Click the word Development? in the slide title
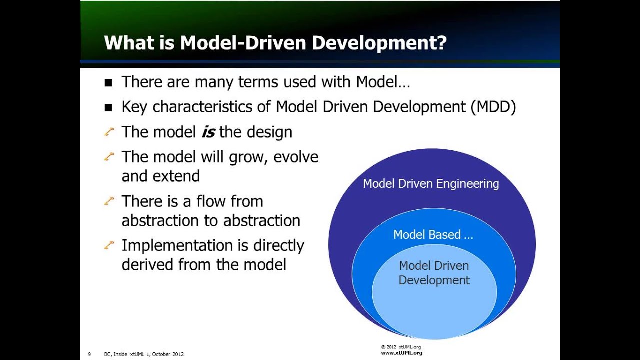[379, 43]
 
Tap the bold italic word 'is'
[208, 132]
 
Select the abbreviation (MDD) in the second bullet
[493, 107]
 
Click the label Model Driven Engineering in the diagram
[431, 184]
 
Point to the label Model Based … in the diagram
[433, 235]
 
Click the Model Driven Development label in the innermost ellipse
[434, 273]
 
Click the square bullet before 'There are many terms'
[109, 83]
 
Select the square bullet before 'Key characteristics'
[109, 108]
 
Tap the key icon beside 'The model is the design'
[109, 132]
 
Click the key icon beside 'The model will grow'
[109, 157]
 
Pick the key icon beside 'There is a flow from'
[109, 201]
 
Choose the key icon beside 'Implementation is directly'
[109, 245]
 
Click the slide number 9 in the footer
[89, 354]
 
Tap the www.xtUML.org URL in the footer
[401, 353]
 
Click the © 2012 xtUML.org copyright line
[400, 347]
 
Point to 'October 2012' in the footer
[168, 354]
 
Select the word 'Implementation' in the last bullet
[177, 246]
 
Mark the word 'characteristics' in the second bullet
[211, 107]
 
